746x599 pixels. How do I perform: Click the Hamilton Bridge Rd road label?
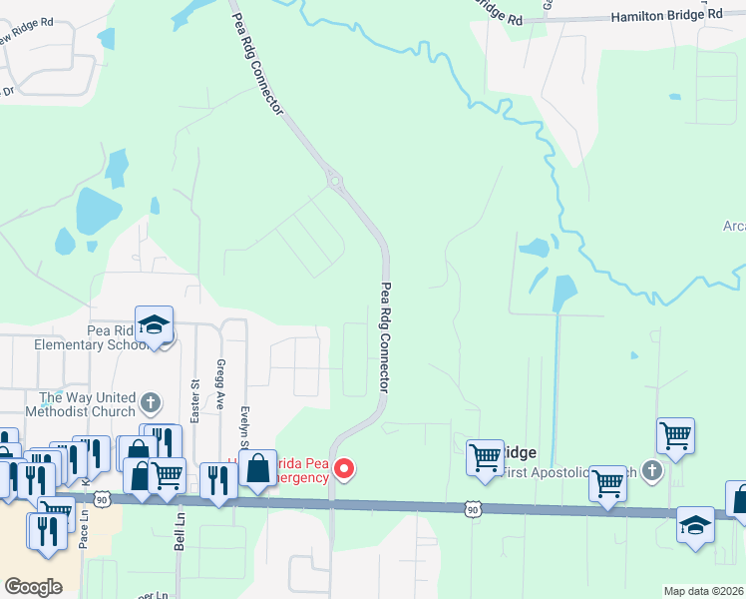point(666,15)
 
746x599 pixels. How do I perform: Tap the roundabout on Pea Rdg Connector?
point(335,182)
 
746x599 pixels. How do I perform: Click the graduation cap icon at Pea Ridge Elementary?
point(155,325)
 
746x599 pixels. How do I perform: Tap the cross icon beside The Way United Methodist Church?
point(151,404)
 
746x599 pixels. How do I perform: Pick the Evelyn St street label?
point(244,426)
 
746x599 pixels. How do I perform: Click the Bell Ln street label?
point(181,534)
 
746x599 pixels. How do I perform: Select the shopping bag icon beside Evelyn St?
point(257,468)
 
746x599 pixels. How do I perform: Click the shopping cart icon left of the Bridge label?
point(485,457)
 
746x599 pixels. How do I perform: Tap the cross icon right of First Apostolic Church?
point(652,469)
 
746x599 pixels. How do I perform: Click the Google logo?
point(34,587)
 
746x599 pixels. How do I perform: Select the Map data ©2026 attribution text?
point(702,591)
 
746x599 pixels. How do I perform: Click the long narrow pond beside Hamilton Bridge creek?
point(562,292)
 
